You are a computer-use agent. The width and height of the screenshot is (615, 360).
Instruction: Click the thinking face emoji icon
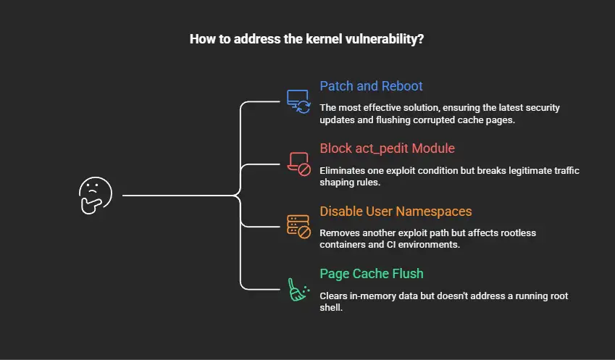96,196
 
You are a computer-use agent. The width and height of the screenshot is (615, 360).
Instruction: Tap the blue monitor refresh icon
298,101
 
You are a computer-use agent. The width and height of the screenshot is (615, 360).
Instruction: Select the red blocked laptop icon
298,164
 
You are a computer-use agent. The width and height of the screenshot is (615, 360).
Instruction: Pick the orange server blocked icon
298,227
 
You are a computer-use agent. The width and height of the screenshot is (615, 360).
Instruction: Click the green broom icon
298,290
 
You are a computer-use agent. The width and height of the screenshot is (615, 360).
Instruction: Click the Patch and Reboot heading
371,86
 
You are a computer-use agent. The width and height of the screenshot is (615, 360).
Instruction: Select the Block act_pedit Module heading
387,148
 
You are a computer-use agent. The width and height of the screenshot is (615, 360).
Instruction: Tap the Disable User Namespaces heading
396,212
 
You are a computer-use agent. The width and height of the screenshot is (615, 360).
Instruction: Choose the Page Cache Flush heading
372,274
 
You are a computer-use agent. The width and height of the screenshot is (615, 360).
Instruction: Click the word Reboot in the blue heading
402,86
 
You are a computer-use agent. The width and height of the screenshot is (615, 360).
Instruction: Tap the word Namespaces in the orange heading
434,212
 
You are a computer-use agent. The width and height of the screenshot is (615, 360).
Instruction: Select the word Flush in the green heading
408,274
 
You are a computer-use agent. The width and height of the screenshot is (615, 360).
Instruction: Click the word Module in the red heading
433,148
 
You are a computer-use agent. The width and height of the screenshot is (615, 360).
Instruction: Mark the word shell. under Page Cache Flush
331,307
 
